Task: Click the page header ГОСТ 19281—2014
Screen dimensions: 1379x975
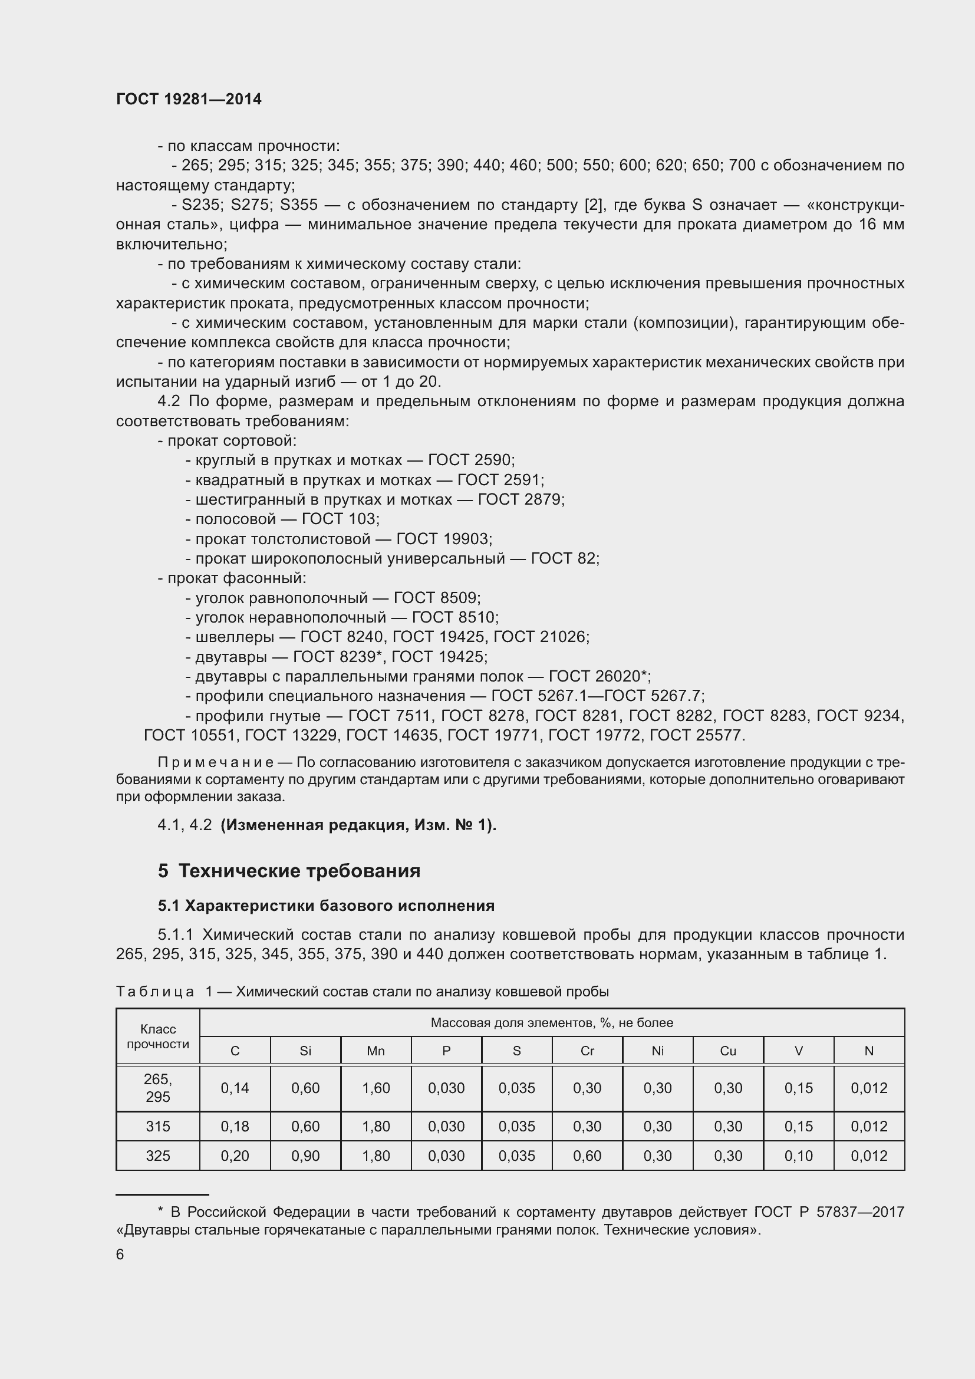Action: click(x=189, y=99)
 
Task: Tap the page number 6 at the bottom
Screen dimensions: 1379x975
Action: click(x=120, y=1254)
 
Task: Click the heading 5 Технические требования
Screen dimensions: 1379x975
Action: click(x=289, y=870)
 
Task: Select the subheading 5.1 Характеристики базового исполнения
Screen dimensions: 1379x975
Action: click(x=326, y=905)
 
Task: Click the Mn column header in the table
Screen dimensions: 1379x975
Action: click(x=376, y=1051)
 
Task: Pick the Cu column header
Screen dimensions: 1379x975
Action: click(x=727, y=1051)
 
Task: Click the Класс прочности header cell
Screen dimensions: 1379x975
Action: click(x=158, y=1036)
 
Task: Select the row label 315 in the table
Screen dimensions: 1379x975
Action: click(x=158, y=1126)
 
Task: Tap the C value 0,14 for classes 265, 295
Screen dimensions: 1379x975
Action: click(x=235, y=1088)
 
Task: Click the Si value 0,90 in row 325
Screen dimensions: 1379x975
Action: click(x=305, y=1156)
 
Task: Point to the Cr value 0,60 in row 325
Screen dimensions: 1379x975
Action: click(x=587, y=1156)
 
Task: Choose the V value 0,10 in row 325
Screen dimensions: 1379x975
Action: click(x=799, y=1156)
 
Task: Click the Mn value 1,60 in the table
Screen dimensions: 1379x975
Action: click(x=376, y=1088)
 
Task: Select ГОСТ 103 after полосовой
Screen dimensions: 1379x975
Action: click(x=338, y=519)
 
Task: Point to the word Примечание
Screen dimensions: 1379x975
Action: click(x=216, y=762)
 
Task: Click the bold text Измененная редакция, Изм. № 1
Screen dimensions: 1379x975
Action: click(x=358, y=825)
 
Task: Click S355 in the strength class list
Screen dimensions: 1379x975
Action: click(x=299, y=205)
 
